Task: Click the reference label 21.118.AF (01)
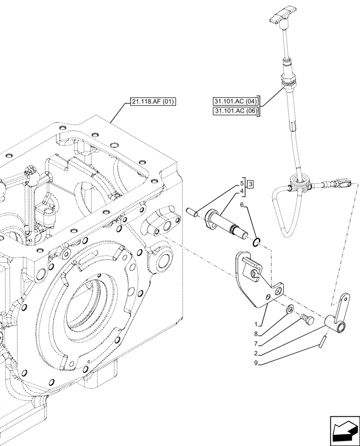pyautogui.click(x=153, y=102)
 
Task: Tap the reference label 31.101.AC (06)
pyautogui.click(x=236, y=111)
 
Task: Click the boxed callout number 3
pyautogui.click(x=250, y=184)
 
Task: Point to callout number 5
pyautogui.click(x=242, y=183)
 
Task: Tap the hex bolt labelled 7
pyautogui.click(x=307, y=319)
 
